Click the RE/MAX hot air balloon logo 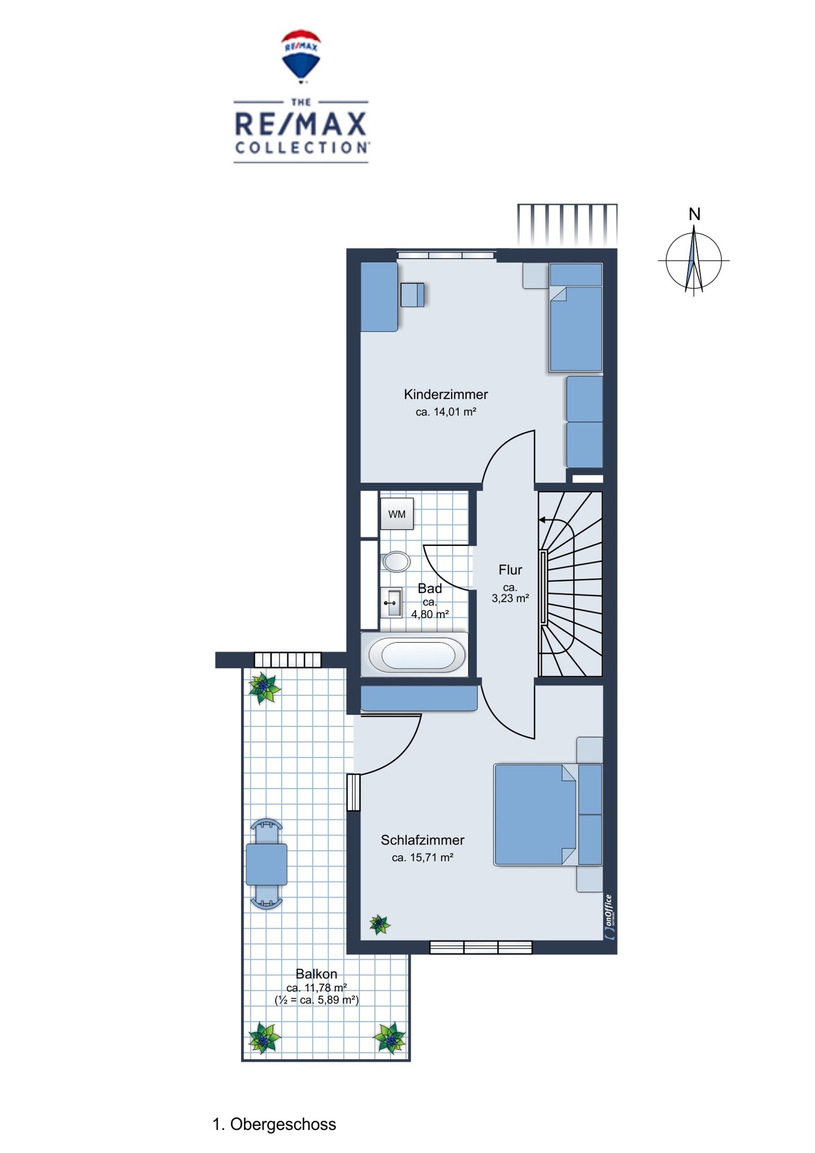(x=301, y=55)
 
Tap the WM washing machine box (x=397, y=514)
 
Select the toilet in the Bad (x=396, y=561)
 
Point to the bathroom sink (x=392, y=603)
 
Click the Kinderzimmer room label (x=446, y=394)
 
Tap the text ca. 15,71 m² (x=423, y=857)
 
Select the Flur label (x=510, y=570)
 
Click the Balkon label (x=316, y=974)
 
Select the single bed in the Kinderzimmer (x=576, y=317)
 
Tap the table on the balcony (x=266, y=864)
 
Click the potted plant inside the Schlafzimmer (x=380, y=925)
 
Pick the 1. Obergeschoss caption (x=275, y=1124)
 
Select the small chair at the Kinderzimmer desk (x=412, y=295)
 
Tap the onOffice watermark (x=610, y=917)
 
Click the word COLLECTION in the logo (x=302, y=148)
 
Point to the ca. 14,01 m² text (x=446, y=412)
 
